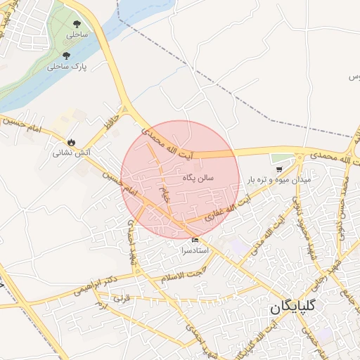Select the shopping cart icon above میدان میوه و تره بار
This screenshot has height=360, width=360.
tap(280, 169)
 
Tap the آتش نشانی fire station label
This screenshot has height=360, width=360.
tap(71, 152)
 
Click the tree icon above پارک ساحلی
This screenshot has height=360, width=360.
tap(66, 56)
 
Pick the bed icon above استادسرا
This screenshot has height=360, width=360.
tap(195, 240)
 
